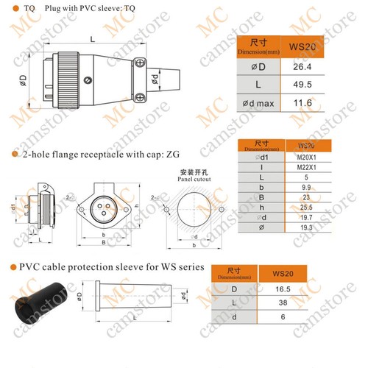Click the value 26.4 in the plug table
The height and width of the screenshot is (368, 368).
[x=319, y=67]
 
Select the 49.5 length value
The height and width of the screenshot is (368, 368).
[x=319, y=85]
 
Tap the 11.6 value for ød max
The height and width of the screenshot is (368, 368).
[x=319, y=103]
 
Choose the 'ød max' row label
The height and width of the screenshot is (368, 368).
[x=258, y=103]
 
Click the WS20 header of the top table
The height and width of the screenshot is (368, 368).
[x=319, y=47]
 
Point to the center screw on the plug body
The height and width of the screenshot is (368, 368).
[x=89, y=80]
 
